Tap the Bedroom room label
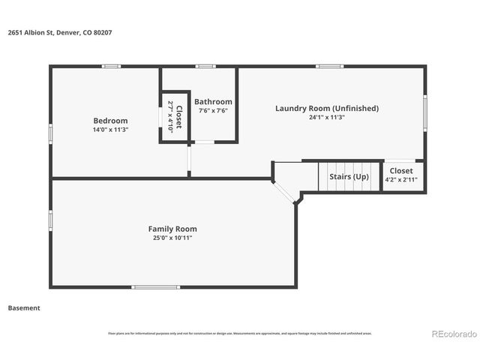tap(110, 121)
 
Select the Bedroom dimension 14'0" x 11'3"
tap(110, 130)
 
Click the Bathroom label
tap(213, 102)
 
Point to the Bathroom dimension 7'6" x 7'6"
tap(213, 111)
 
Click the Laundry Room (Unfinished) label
tap(326, 108)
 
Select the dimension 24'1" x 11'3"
tap(326, 117)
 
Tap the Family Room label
tap(172, 229)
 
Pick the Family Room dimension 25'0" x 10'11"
tap(172, 238)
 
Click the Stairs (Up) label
tap(349, 177)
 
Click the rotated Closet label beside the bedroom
tap(174, 116)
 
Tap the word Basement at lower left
tap(24, 308)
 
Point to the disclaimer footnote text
tap(240, 333)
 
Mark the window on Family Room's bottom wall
tap(155, 287)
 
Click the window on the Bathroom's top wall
tap(205, 67)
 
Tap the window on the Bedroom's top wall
tap(112, 67)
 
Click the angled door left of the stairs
tap(284, 191)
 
